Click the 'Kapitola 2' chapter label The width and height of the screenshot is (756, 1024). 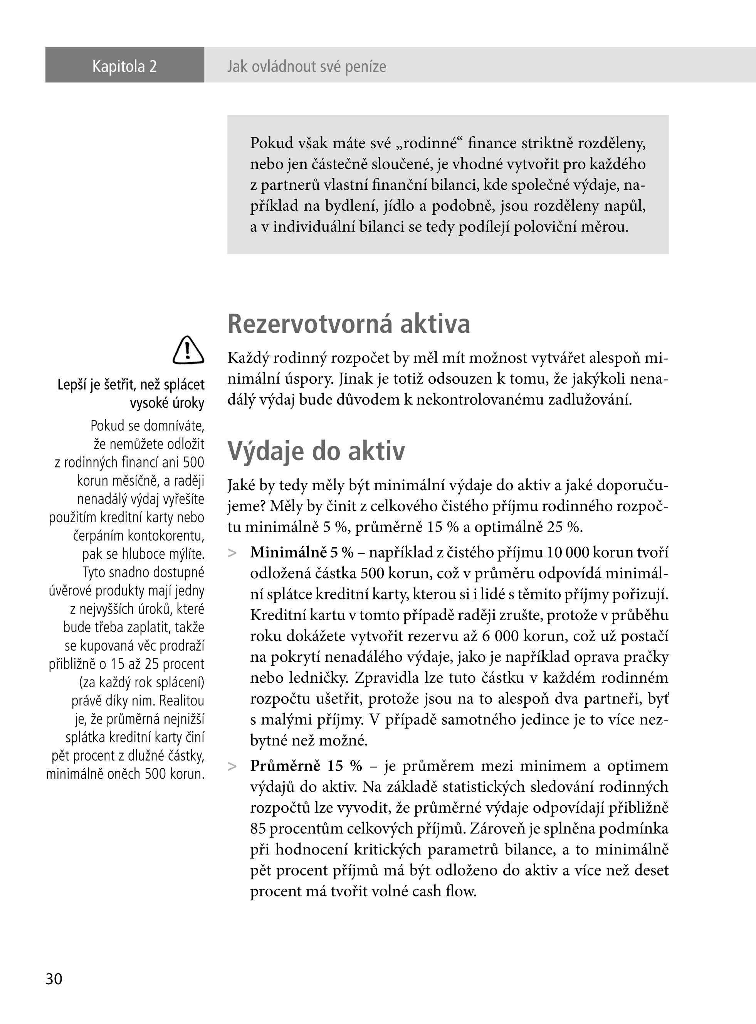pos(124,66)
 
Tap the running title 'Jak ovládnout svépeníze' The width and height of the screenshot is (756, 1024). pos(306,67)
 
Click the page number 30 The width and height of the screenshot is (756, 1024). pos(54,978)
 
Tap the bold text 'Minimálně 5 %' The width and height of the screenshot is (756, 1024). pos(302,553)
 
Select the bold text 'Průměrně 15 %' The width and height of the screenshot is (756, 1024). pos(306,766)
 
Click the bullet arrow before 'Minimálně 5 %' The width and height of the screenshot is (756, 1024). pos(232,553)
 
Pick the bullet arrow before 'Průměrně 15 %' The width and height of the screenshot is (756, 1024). pos(232,766)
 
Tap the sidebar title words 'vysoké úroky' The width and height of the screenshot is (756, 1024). pos(167,403)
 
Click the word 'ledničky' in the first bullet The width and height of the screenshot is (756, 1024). pos(318,678)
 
